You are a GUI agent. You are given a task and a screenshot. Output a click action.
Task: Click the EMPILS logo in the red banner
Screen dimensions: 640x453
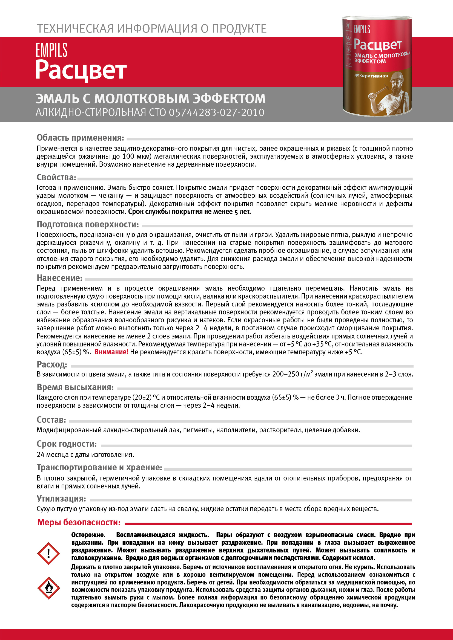click(51, 50)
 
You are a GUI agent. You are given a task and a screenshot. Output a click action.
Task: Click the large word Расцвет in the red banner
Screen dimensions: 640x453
click(81, 70)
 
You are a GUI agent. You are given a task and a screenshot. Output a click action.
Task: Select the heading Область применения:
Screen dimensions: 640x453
click(80, 138)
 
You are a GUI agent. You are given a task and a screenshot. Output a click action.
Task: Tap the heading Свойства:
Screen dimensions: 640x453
click(56, 177)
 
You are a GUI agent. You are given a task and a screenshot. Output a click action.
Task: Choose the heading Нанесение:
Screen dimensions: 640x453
click(60, 278)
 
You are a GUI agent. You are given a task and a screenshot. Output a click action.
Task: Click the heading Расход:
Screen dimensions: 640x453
click(52, 364)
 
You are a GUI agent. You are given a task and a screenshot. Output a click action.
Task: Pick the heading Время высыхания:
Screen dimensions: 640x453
click(75, 387)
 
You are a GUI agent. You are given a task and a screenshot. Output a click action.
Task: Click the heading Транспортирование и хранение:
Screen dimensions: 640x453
click(99, 467)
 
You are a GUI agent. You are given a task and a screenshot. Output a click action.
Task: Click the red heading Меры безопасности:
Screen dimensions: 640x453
click(79, 522)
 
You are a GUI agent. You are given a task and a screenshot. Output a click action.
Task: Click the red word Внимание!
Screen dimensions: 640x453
click(111, 352)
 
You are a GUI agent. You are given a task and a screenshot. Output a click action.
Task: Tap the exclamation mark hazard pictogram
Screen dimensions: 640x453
click(48, 553)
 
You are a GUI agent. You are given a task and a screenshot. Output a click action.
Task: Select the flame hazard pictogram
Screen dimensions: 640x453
click(48, 588)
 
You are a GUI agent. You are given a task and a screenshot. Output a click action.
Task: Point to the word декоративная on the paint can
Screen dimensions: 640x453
click(371, 76)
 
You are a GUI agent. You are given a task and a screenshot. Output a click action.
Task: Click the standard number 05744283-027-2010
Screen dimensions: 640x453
click(216, 112)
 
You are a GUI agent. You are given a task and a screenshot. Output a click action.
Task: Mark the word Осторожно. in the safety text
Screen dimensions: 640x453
click(88, 535)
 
